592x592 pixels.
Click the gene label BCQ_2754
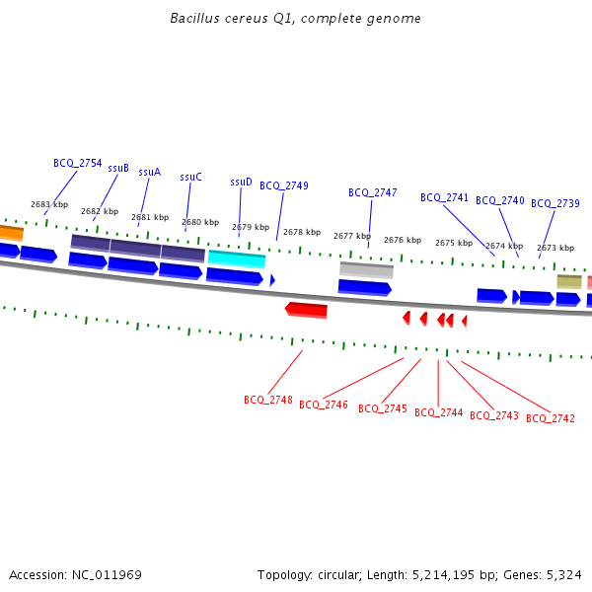click(x=77, y=163)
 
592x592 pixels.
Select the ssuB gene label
click(x=118, y=168)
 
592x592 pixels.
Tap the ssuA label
click(x=149, y=172)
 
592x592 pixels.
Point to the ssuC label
click(x=190, y=178)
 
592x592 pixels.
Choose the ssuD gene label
click(x=241, y=183)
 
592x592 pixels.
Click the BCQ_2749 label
click(x=284, y=185)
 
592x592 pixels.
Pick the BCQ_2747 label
click(x=373, y=192)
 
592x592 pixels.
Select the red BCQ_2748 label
click(x=268, y=400)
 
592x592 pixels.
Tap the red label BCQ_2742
click(x=551, y=418)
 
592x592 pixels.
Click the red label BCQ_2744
click(x=439, y=412)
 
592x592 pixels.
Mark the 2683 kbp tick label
click(x=49, y=205)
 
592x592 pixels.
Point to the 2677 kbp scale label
click(x=352, y=237)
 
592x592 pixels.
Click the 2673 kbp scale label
click(x=555, y=248)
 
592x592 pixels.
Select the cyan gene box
click(x=237, y=259)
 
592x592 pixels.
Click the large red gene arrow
click(x=306, y=310)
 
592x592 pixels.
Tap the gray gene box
click(x=366, y=270)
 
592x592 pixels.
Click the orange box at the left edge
click(x=11, y=233)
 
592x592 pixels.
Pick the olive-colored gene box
click(x=569, y=281)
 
